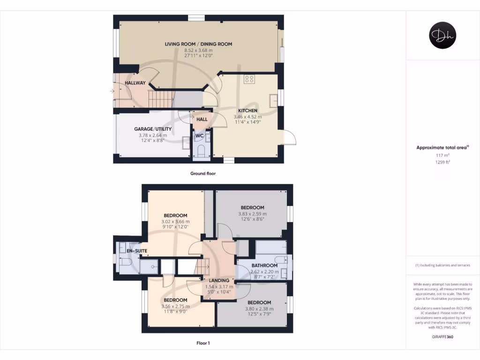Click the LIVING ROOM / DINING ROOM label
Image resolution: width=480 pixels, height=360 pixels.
click(198, 44)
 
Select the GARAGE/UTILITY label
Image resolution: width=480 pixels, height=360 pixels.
click(153, 129)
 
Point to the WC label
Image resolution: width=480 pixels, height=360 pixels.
click(199, 136)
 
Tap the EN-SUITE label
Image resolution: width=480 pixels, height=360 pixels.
click(137, 251)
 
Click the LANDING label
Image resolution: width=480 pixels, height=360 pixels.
click(218, 281)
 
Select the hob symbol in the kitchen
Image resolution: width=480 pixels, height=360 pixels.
click(249, 79)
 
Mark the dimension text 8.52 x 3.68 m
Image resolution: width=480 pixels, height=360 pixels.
click(198, 50)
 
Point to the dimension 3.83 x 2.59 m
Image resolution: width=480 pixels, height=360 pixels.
click(252, 214)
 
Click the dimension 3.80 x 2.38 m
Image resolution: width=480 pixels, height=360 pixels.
click(259, 309)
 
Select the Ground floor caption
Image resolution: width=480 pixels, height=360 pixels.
click(202, 173)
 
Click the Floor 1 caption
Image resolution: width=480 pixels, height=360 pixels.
click(203, 343)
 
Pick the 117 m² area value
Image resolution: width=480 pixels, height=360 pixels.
click(442, 155)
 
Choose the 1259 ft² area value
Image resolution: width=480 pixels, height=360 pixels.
click(442, 162)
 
